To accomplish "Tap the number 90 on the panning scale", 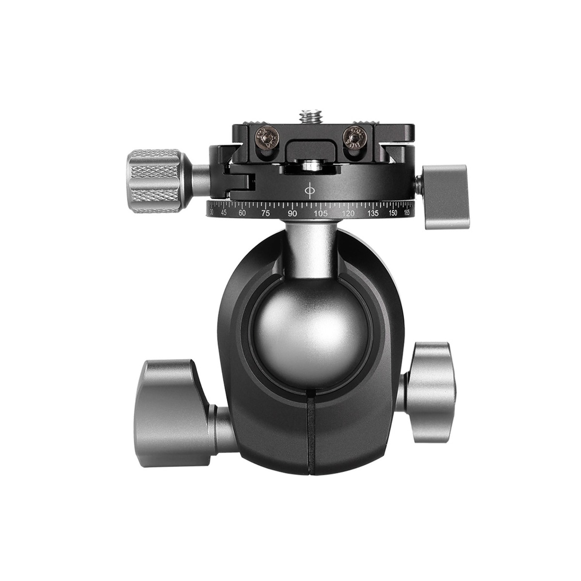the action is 292,214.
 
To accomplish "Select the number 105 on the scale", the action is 320,214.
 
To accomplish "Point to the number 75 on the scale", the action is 265,214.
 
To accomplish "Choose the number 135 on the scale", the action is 373,213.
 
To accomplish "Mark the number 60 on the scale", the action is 242,213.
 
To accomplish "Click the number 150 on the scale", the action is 394,213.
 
